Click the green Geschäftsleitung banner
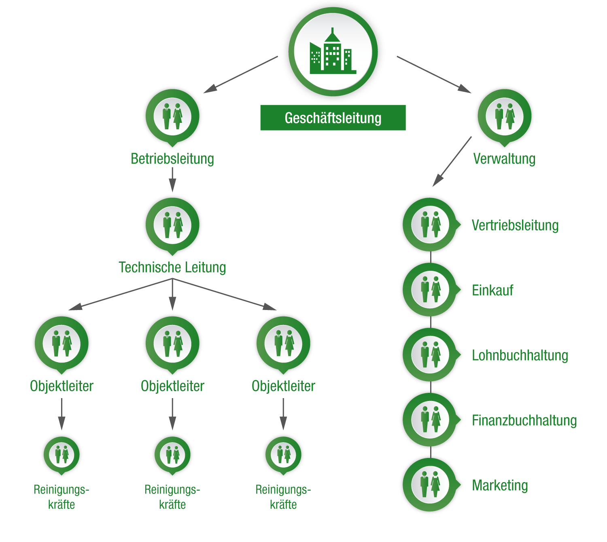pos(333,118)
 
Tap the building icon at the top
pos(333,52)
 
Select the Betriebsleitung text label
pos(172,159)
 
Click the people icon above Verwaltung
pos(504,116)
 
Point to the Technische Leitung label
pos(172,268)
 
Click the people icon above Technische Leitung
pos(172,225)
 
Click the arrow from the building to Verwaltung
pos(434,74)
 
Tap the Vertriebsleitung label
pos(515,226)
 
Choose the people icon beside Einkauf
pos(430,289)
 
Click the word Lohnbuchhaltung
pos(520,355)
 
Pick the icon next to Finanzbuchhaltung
pos(430,420)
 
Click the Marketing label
pos(500,485)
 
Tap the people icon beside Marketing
pos(430,485)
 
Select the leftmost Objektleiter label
pos(62,386)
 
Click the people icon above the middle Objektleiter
pos(172,344)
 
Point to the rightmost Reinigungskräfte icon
pos(283,454)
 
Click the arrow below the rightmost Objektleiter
pos(283,414)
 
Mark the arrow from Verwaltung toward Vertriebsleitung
pos(452,162)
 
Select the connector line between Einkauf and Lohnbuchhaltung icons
pos(431,322)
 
